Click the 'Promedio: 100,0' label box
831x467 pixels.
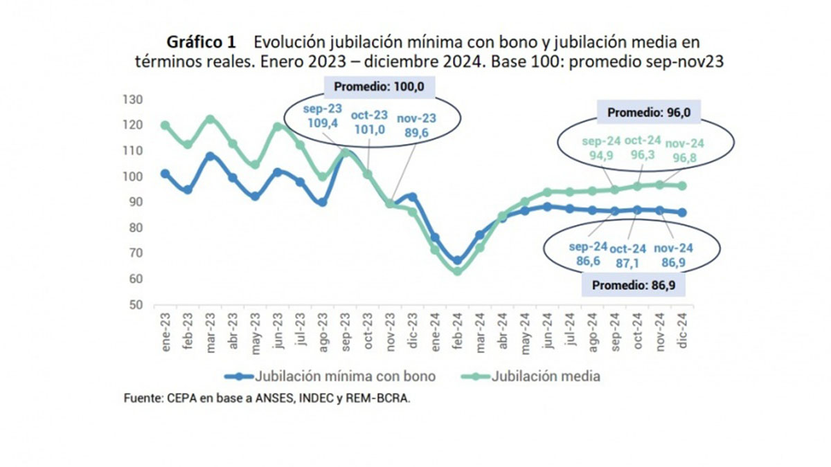tap(379, 86)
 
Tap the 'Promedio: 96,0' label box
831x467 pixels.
tap(649, 112)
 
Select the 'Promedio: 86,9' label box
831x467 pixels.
tap(634, 285)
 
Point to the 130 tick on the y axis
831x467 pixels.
tap(132, 100)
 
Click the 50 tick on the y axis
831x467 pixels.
tap(136, 304)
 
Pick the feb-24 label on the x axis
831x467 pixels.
tap(458, 331)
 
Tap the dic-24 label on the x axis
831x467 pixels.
tap(682, 330)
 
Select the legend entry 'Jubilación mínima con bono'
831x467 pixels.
tap(330, 376)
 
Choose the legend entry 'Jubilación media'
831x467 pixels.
tap(531, 376)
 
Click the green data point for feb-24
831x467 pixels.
tap(458, 271)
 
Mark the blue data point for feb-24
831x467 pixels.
tap(458, 261)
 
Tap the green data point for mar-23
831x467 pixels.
tap(210, 119)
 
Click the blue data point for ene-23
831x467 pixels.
tap(165, 174)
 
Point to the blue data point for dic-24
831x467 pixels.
tap(682, 213)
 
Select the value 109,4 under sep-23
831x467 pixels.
tap(323, 122)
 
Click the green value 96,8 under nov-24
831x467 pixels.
tap(685, 158)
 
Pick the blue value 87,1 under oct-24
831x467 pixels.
tap(627, 263)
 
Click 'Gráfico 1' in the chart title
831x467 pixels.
tap(201, 42)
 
